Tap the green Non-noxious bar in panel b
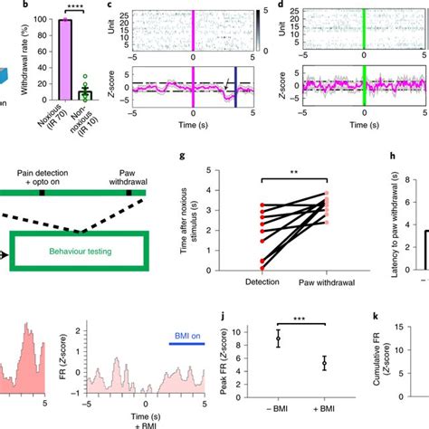[x=85, y=94]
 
